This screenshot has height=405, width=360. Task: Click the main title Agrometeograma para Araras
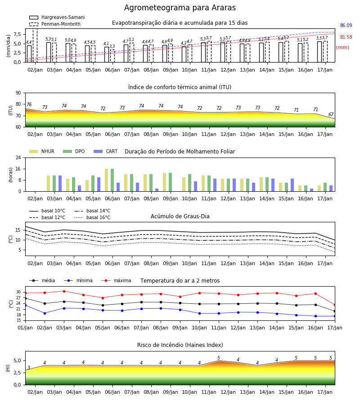[180, 8]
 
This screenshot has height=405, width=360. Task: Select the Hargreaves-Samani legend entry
[57, 17]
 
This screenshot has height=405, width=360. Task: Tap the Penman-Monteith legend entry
[55, 24]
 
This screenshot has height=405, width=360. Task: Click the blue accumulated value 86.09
[346, 25]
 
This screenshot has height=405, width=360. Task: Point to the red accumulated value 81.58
[346, 37]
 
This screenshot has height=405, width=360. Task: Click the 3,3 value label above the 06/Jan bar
[112, 46]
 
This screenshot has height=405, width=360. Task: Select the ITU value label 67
[331, 114]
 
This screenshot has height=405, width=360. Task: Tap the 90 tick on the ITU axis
[18, 93]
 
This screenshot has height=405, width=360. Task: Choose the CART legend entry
[106, 151]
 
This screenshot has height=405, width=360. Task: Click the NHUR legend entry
[42, 151]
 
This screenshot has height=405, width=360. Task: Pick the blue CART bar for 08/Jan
[157, 190]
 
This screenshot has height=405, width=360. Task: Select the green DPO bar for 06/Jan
[112, 180]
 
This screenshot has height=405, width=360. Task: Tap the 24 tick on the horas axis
[18, 157]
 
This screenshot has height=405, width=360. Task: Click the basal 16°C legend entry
[92, 217]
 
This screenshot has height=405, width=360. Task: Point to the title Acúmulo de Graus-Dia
[180, 216]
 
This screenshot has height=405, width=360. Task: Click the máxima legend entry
[116, 280]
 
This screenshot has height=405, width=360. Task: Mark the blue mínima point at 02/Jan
[45, 313]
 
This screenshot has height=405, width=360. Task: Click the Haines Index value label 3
[29, 368]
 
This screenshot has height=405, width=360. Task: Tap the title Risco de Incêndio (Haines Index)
[180, 345]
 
